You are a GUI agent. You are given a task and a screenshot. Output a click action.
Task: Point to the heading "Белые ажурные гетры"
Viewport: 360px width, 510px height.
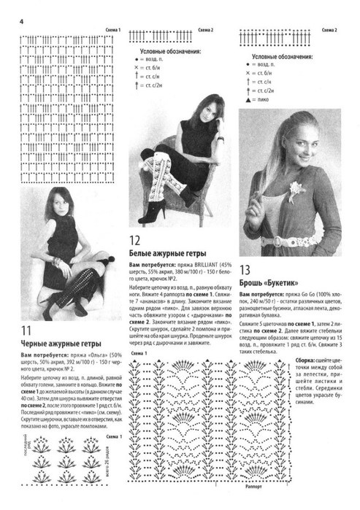167,253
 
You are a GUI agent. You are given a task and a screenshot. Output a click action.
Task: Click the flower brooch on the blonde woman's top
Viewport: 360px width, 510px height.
296,188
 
